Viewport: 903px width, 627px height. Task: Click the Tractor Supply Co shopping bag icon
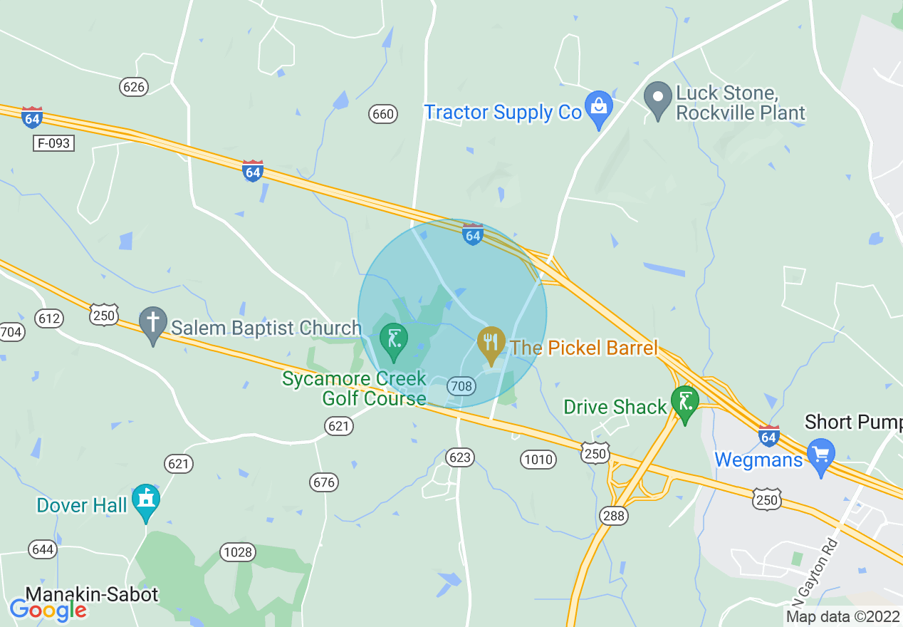point(598,108)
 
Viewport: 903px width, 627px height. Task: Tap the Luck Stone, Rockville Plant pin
point(658,99)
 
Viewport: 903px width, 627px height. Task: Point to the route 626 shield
point(133,87)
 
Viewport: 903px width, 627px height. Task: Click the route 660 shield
point(382,113)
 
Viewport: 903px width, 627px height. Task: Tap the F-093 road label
point(54,143)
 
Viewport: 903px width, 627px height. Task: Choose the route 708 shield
point(461,386)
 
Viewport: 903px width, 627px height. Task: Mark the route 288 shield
point(613,516)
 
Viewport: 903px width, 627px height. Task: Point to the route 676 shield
point(324,482)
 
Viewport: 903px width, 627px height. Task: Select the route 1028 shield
point(237,552)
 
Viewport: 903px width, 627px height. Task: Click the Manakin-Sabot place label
point(92,594)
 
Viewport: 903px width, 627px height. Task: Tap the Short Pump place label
point(853,422)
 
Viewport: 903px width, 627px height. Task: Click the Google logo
point(48,610)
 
